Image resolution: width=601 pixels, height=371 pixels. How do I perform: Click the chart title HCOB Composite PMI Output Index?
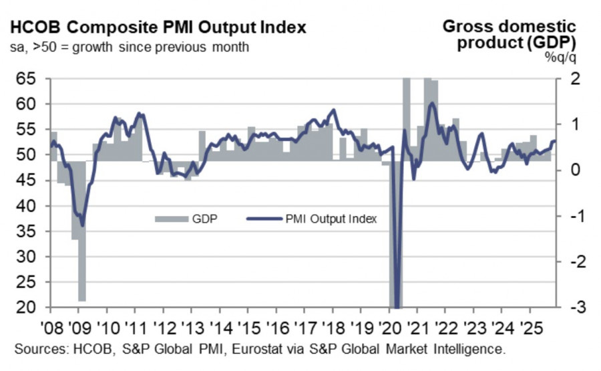(x=158, y=28)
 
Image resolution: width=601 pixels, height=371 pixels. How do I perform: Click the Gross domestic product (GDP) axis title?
(x=508, y=35)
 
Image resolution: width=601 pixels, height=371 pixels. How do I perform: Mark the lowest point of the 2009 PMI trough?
(x=82, y=225)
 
